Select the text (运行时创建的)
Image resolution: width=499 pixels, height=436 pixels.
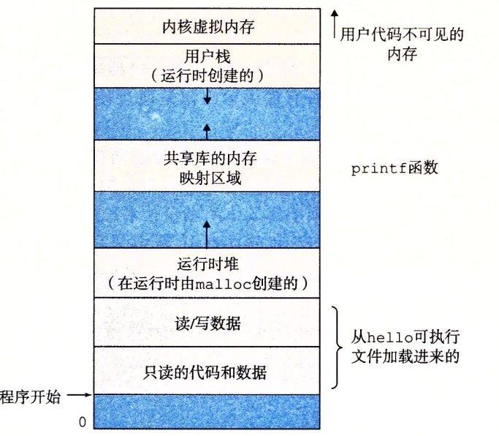[207, 75]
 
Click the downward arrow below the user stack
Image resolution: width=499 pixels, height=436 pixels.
[207, 96]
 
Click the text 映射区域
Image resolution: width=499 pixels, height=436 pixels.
[209, 178]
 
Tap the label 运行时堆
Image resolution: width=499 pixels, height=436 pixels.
[208, 264]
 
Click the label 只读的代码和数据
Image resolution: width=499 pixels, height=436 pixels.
[209, 372]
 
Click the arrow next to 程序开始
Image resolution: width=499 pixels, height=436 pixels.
[80, 396]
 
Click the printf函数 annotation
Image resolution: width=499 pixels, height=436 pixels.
[395, 168]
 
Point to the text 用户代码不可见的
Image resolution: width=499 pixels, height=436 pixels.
[403, 34]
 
